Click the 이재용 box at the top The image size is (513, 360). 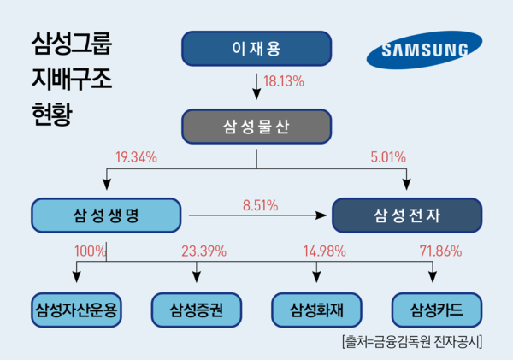pos(256,49)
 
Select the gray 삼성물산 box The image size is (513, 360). pos(256,127)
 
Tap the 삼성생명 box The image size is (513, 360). pos(106,215)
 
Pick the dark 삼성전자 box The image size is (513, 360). pos(407,215)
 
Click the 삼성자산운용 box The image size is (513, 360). pos(77,310)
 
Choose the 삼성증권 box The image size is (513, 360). pos(197,310)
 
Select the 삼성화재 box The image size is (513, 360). pos(316,310)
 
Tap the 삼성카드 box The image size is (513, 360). pos(437,310)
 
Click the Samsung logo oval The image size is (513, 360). pos(424,50)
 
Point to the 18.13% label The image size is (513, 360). pos(284,81)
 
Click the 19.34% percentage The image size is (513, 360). pos(136,157)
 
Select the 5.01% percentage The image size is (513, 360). pos(388,157)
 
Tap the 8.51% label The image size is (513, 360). pos(261,205)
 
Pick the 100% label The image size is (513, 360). pos(91,251)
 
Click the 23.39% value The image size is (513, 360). pos(204,251)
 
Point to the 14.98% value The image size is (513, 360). pos(325,251)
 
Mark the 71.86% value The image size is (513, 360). pos(440,251)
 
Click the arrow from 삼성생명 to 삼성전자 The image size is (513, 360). pos(258,215)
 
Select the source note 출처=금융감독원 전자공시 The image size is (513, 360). pos(412,342)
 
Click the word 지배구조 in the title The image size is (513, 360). pos(72,79)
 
